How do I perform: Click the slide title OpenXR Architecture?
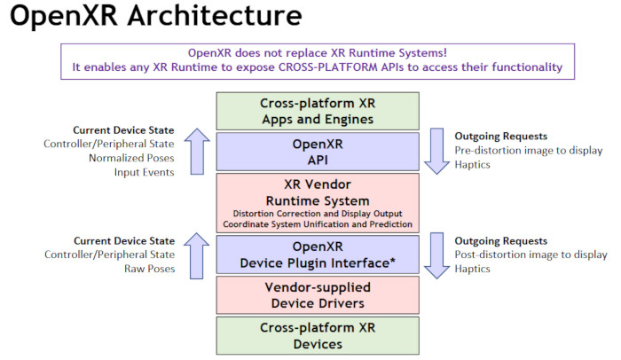click(x=155, y=17)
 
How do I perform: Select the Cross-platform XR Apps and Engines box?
click(x=318, y=112)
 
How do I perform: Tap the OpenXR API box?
click(x=318, y=152)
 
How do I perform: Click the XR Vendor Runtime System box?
click(x=318, y=203)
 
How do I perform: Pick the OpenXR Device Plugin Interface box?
click(x=318, y=254)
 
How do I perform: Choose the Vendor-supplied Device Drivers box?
click(x=318, y=295)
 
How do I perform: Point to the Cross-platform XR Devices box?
click(x=318, y=335)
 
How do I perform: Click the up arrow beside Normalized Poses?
click(x=197, y=152)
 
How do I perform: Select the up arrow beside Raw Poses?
click(x=197, y=256)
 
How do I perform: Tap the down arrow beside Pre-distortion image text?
click(x=436, y=152)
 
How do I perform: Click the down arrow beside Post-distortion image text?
click(x=436, y=256)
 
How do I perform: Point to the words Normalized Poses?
click(x=131, y=158)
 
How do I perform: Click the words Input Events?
click(x=144, y=172)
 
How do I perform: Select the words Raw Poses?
click(x=150, y=269)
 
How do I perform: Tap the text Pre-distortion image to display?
click(x=529, y=151)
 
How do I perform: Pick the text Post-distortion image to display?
click(x=531, y=254)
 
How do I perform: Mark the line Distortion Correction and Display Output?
click(x=318, y=214)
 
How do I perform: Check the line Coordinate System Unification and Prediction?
click(x=318, y=224)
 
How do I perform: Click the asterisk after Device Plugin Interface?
click(x=393, y=261)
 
